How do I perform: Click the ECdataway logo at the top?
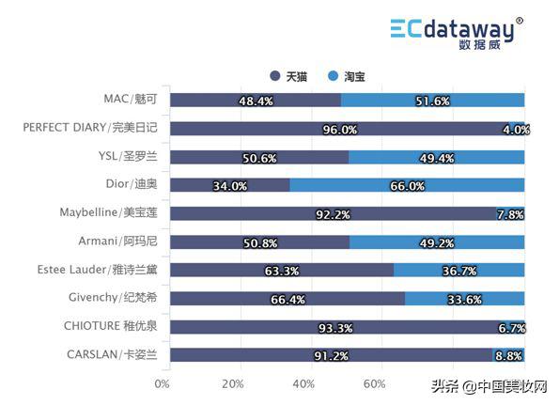[457, 31]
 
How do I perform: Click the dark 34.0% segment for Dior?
[230, 186]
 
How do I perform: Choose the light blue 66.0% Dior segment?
[408, 186]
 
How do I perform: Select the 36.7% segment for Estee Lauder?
[459, 271]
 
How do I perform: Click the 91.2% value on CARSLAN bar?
[331, 356]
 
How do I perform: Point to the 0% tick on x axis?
[162, 384]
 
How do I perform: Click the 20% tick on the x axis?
[233, 384]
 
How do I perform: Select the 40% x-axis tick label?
[303, 384]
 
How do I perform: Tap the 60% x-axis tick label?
[374, 384]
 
